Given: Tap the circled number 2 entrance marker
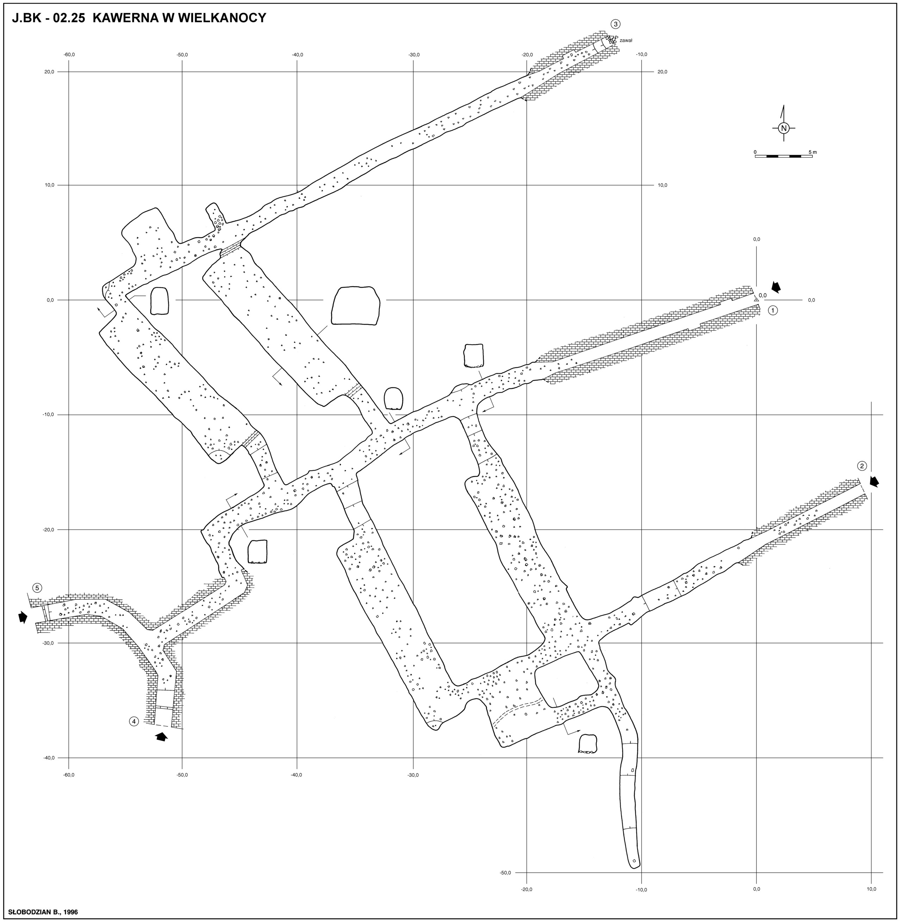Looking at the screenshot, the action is click(x=862, y=466).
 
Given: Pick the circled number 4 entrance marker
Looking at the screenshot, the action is click(x=134, y=721).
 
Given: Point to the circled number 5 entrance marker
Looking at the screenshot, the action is click(x=37, y=588).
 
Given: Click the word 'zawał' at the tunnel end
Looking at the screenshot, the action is click(x=626, y=41).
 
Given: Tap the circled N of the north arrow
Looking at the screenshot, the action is click(x=784, y=128).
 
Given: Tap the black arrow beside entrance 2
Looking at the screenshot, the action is click(x=875, y=481).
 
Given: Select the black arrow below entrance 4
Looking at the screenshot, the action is click(x=162, y=737).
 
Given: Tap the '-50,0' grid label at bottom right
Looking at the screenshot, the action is click(x=506, y=873).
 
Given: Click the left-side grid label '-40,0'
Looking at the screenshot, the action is click(x=49, y=758).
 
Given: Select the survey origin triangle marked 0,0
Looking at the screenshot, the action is click(x=756, y=299).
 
